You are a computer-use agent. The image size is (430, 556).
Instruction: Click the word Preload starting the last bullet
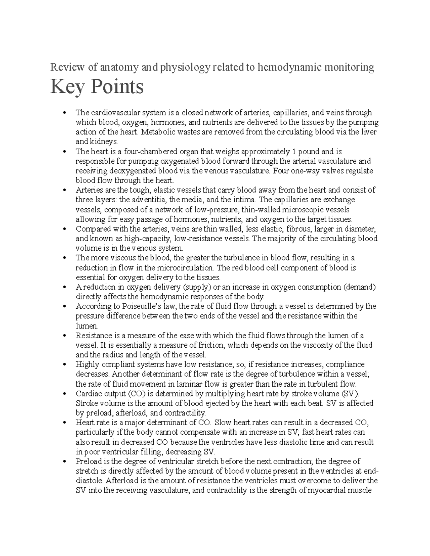point(88,461)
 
